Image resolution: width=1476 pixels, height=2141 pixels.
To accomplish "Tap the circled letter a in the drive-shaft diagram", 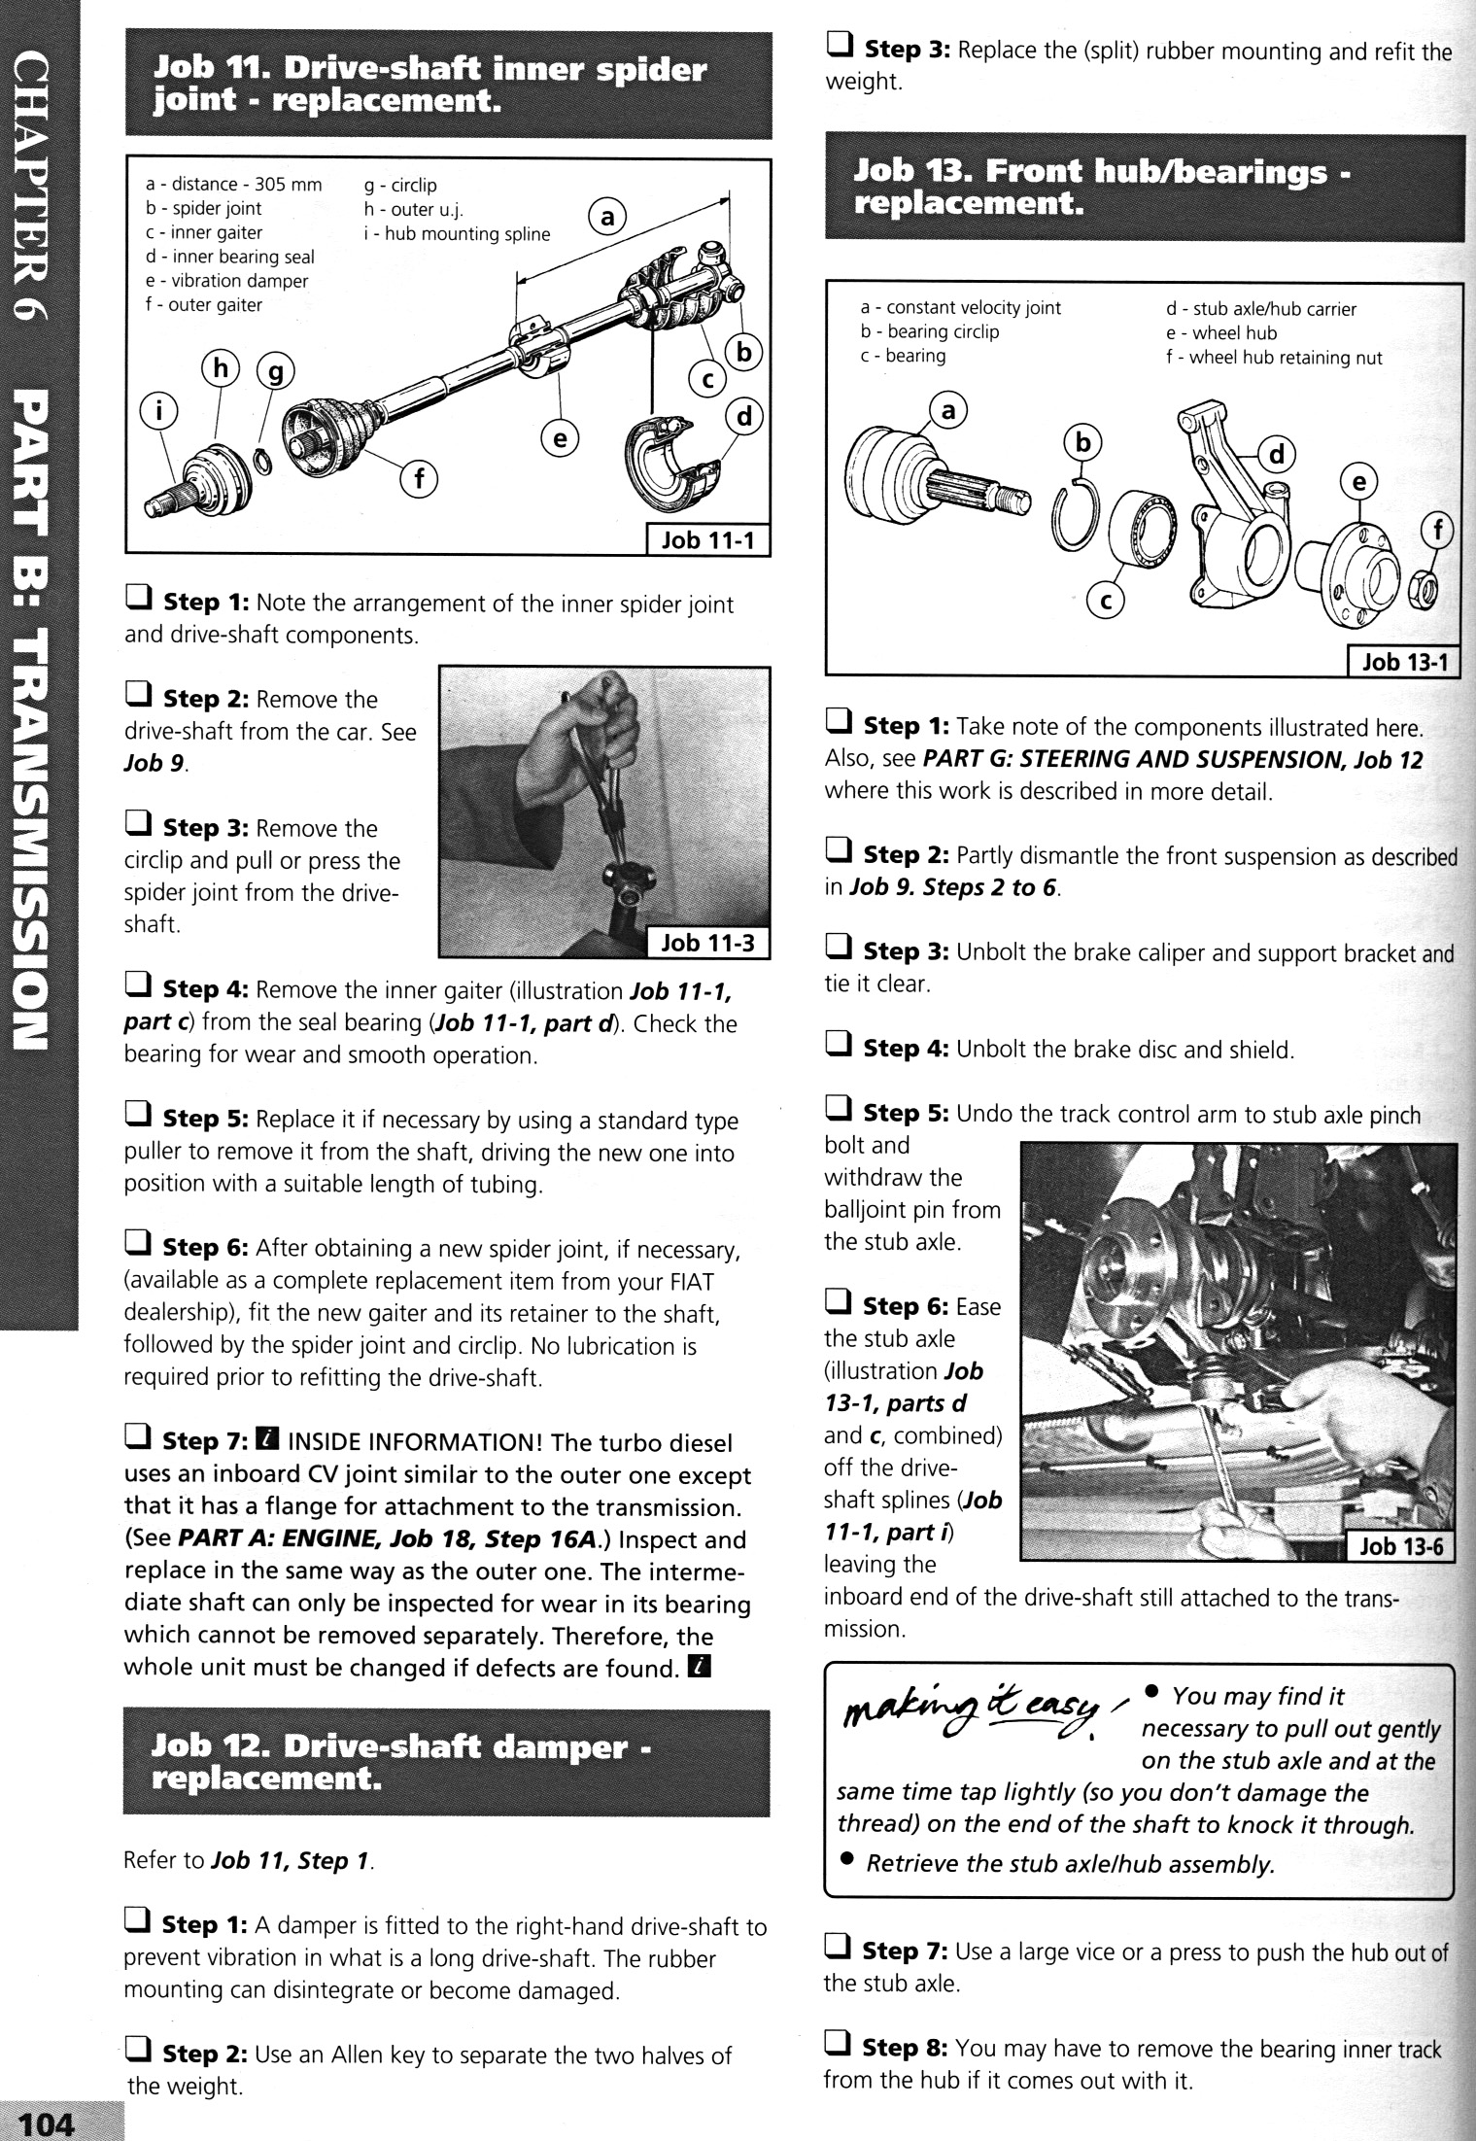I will point(607,219).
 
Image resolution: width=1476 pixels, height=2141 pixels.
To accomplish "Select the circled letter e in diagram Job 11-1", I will point(560,439).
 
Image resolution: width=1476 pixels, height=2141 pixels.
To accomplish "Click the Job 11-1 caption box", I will point(707,539).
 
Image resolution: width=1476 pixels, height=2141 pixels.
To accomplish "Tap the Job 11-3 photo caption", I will point(707,942).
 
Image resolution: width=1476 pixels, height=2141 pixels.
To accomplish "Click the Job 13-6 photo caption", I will point(1398,1545).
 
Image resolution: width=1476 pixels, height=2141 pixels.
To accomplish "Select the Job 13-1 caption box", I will point(1404,662).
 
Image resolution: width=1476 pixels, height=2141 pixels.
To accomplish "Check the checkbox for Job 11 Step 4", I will point(137,989).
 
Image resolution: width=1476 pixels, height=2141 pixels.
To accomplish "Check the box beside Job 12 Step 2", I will point(137,2054).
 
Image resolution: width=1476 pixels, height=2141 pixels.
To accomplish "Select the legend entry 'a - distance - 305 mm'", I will point(234,185).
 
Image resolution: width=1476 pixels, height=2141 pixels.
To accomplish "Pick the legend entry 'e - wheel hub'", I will point(1221,333).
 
